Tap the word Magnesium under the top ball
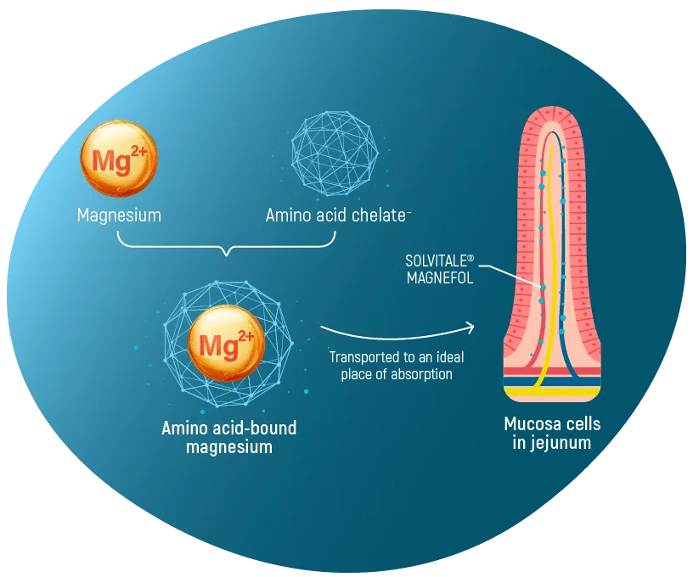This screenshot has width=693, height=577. click(119, 216)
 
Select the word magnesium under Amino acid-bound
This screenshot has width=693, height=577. click(229, 446)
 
